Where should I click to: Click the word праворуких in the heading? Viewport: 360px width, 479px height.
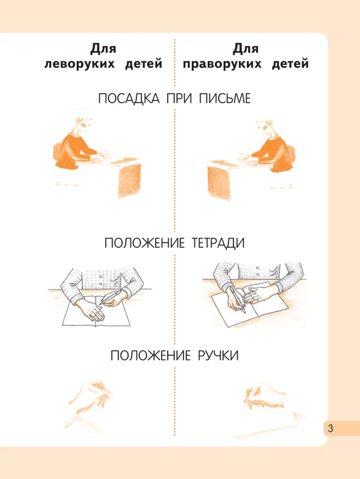(x=222, y=64)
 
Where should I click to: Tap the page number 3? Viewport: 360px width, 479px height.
(x=331, y=428)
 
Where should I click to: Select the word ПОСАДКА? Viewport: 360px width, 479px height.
(x=122, y=99)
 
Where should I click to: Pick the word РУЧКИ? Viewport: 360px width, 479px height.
(x=218, y=356)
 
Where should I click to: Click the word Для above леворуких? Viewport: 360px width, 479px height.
(x=103, y=49)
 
